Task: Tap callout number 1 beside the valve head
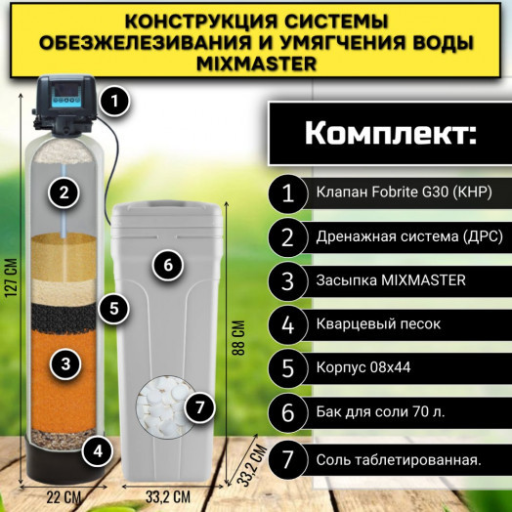(116, 99)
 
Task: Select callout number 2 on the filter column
(64, 192)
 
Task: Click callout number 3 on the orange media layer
(64, 363)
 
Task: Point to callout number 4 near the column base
(96, 450)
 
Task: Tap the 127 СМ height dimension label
(12, 283)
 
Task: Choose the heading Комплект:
(388, 134)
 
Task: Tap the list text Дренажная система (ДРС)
(396, 236)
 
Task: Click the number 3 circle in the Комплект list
(288, 280)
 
